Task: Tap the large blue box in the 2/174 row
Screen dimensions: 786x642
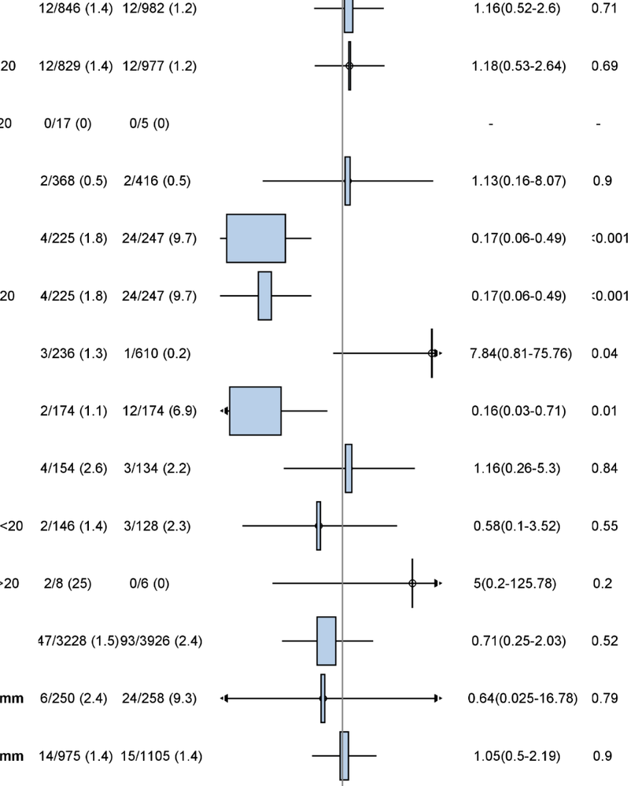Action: pyautogui.click(x=255, y=411)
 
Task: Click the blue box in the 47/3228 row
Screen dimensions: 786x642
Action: pyautogui.click(x=327, y=641)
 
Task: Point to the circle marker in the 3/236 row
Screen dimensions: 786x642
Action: pyautogui.click(x=432, y=353)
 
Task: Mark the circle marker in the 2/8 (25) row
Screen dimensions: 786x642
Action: pyautogui.click(x=412, y=584)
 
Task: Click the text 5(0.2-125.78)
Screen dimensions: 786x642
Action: pyautogui.click(x=518, y=584)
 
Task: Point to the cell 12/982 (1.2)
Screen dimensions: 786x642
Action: pyautogui.click(x=160, y=9)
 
